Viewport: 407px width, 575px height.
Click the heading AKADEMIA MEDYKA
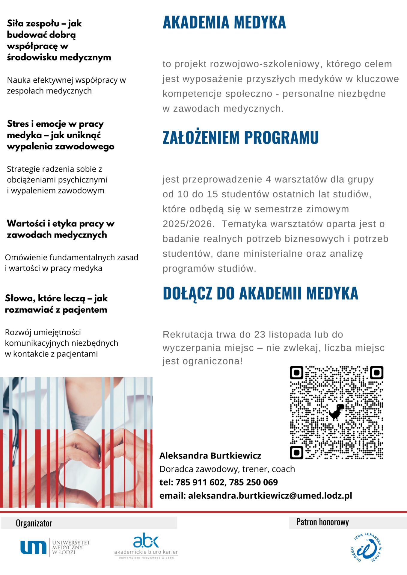(224, 22)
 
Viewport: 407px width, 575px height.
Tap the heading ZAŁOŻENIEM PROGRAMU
(240, 137)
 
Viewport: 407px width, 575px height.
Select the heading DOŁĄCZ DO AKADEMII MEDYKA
(260, 293)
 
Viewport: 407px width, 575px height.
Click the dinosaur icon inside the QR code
(337, 412)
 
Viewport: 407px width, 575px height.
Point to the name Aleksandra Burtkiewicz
(210, 456)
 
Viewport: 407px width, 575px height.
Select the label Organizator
(34, 523)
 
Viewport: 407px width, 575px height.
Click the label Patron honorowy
(322, 522)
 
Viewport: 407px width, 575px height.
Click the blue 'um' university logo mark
(33, 547)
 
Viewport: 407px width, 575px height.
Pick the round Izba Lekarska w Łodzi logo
(366, 547)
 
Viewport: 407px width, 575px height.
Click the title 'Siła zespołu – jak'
(44, 23)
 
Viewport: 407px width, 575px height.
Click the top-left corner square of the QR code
(296, 373)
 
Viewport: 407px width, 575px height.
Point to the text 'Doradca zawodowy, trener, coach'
(227, 469)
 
